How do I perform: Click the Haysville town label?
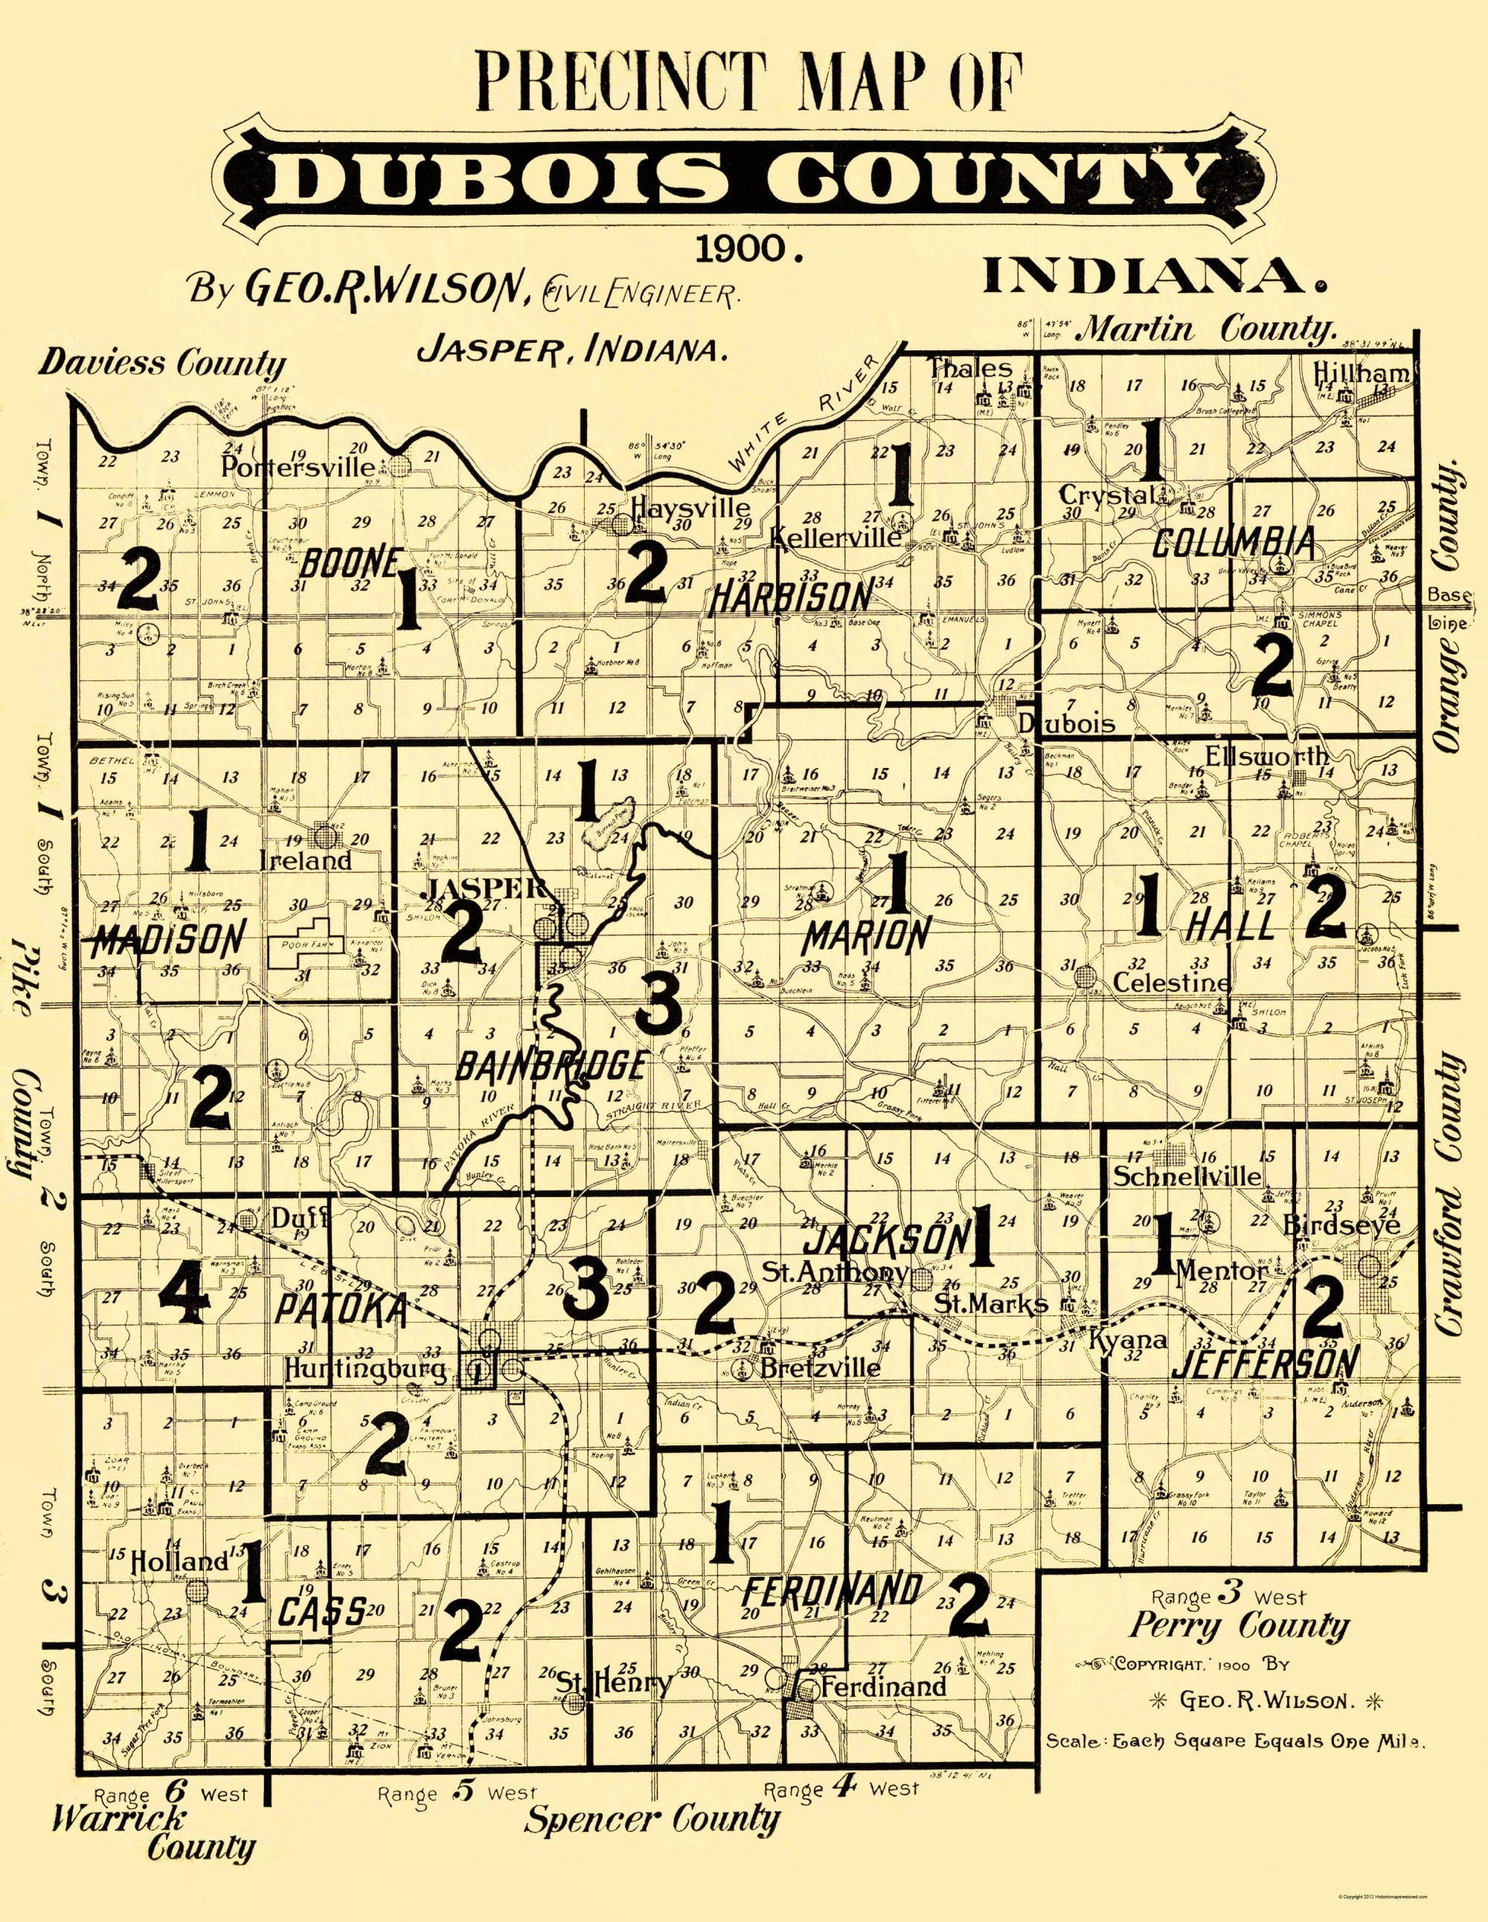pyautogui.click(x=690, y=509)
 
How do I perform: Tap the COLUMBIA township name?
pyautogui.click(x=1234, y=543)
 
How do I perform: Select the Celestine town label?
pyautogui.click(x=1171, y=982)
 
